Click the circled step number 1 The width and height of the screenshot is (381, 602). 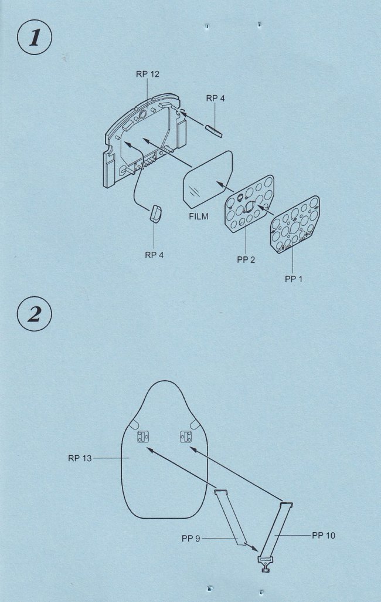pos(35,37)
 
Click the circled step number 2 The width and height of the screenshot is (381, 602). pos(35,314)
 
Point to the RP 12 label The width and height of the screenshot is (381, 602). pos(147,74)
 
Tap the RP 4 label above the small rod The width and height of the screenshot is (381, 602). pos(215,99)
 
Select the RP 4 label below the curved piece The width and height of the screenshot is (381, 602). pos(154,255)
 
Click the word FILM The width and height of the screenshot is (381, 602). pos(199,217)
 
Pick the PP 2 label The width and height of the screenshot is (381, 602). pos(246,260)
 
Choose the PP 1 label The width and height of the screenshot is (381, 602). pos(294,279)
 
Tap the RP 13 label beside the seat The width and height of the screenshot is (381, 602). pos(80,458)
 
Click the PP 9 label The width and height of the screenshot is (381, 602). pos(190,539)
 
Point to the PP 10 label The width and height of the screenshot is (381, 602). pos(324,535)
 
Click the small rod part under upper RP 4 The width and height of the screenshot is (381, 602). pos(214,131)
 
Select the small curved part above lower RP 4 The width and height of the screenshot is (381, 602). pos(156,214)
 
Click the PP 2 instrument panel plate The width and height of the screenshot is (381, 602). pos(250,204)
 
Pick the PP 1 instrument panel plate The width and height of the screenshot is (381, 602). pos(295,225)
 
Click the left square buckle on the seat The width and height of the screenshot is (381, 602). pos(143,437)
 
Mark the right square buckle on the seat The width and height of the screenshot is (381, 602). pos(186,437)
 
